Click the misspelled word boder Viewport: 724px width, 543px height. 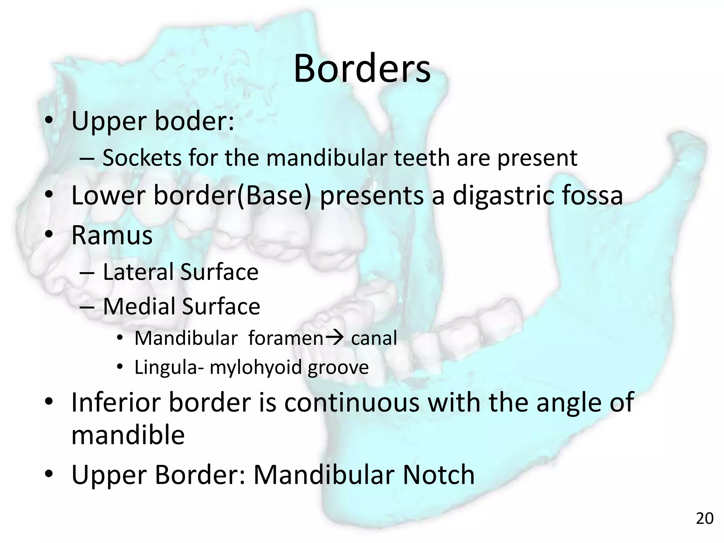click(194, 121)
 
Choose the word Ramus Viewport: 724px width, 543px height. click(112, 235)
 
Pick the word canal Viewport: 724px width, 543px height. click(374, 338)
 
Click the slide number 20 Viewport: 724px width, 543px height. click(705, 519)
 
